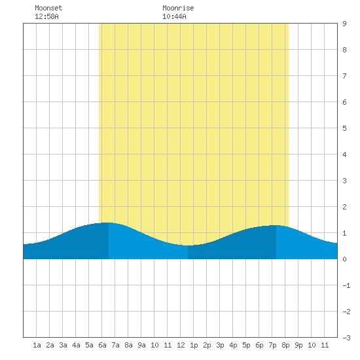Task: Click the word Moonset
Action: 48,8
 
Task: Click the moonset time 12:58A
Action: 46,16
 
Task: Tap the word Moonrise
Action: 178,8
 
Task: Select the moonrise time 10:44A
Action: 174,16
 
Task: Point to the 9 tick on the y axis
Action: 344,24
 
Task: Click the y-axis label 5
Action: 344,128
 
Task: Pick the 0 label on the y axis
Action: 344,259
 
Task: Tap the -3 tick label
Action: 346,338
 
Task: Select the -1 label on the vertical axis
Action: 346,285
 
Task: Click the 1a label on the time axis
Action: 37,345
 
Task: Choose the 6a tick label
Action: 102,345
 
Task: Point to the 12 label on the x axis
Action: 181,345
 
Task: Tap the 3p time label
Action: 220,345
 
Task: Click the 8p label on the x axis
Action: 285,345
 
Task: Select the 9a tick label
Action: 141,345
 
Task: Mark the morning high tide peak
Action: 105,223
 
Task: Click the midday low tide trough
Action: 188,245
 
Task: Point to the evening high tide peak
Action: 276,225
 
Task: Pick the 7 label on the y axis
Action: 344,76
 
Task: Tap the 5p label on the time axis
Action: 246,345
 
